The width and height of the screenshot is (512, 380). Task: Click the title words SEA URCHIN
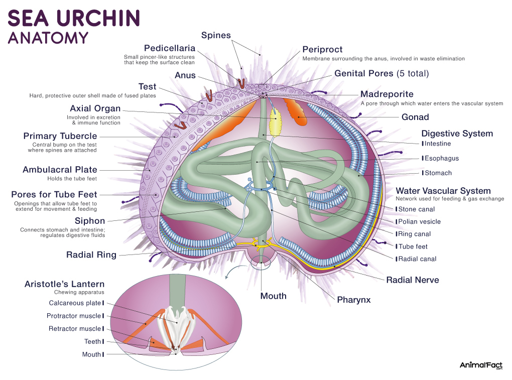(x=74, y=18)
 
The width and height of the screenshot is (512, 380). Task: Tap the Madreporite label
(x=387, y=94)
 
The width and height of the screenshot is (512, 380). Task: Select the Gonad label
(x=415, y=117)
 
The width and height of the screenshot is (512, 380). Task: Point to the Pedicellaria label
(x=170, y=48)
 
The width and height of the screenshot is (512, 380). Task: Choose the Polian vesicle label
(x=419, y=222)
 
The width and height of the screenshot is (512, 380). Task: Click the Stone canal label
(x=416, y=209)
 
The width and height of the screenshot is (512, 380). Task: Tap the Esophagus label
(x=441, y=158)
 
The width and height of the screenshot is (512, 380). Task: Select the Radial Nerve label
(x=413, y=280)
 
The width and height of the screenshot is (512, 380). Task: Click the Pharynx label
(x=354, y=300)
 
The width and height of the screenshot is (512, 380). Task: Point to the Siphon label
(x=90, y=221)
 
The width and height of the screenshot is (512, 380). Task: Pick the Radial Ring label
(x=91, y=255)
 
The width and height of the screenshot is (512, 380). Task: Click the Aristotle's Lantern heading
(x=64, y=284)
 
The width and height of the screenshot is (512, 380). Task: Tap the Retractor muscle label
(x=75, y=329)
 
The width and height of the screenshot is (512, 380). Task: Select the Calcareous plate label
(x=75, y=303)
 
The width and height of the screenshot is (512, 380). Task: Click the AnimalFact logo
(x=481, y=365)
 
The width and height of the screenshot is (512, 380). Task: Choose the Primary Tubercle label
(x=60, y=136)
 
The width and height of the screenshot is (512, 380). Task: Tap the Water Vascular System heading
(x=443, y=191)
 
